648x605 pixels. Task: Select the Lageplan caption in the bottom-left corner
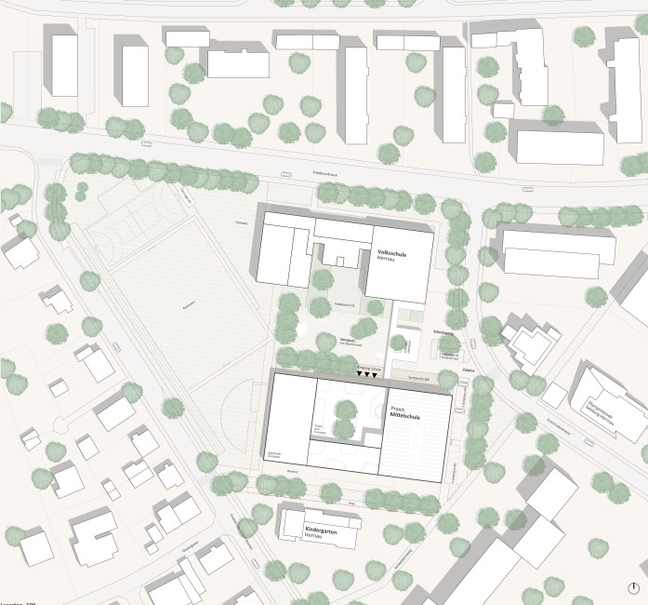tap(17, 601)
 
